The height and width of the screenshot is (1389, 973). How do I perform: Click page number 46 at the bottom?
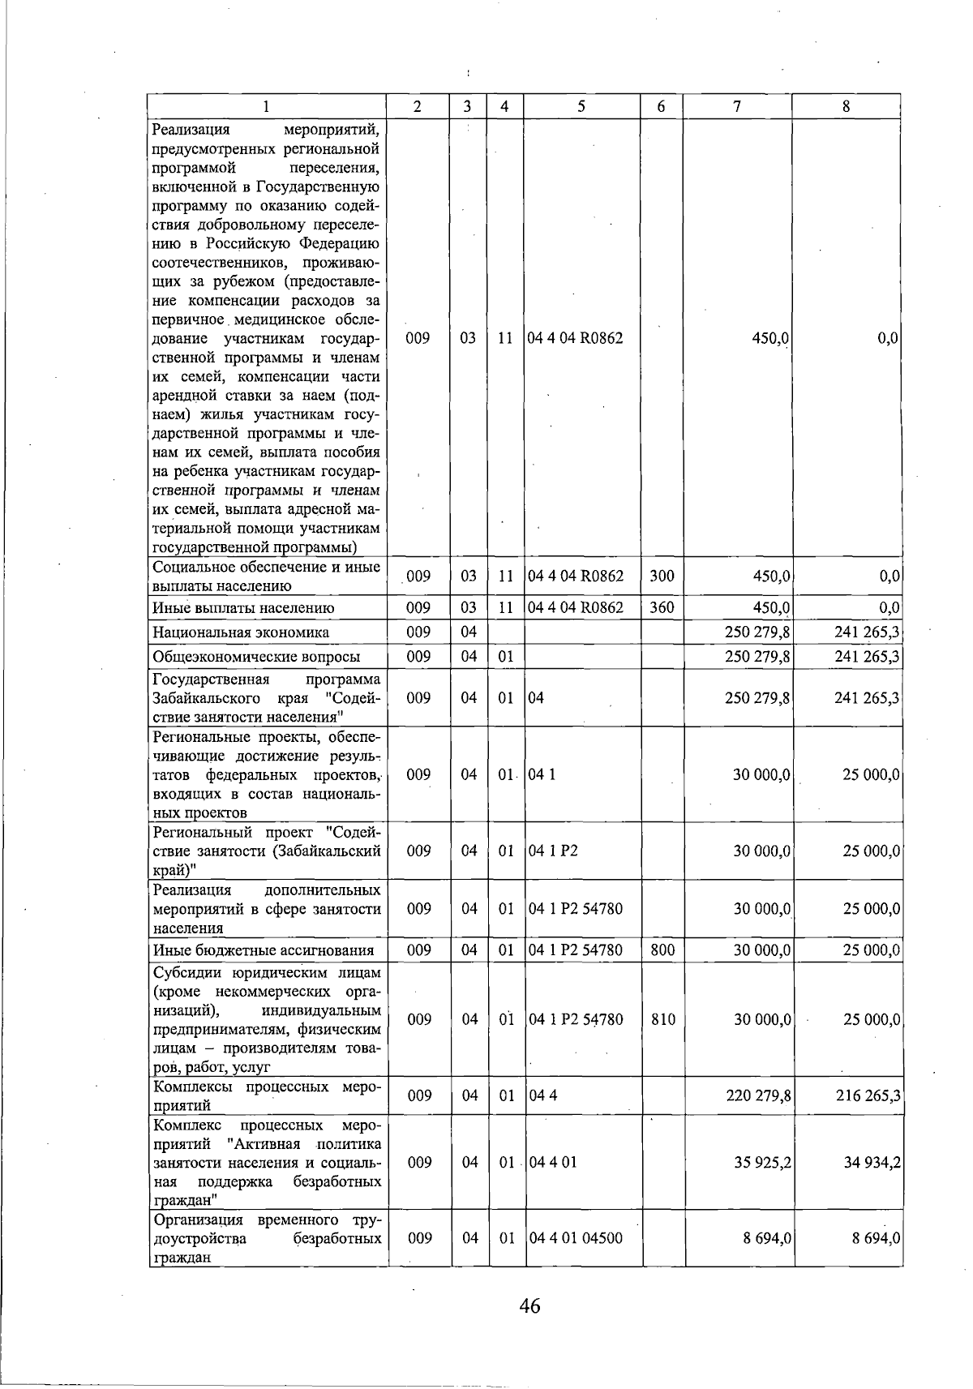[x=530, y=1305]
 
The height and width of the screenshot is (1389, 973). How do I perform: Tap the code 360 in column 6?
[x=662, y=607]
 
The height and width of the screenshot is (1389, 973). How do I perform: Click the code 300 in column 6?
[x=662, y=577]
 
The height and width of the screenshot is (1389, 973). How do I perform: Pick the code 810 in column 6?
[x=662, y=1019]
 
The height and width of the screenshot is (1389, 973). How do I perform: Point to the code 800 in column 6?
[x=662, y=950]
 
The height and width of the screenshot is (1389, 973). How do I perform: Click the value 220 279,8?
[x=758, y=1096]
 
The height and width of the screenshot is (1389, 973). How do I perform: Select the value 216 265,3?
[x=868, y=1096]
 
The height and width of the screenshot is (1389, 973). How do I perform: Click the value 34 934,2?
[x=872, y=1163]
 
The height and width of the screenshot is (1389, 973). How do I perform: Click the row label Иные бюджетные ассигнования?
[x=264, y=950]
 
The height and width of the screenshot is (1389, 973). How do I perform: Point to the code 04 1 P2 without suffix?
[x=553, y=851]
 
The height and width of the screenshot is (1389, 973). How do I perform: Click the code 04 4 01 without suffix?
[x=552, y=1163]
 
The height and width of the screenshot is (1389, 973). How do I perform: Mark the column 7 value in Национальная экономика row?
[x=758, y=632]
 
